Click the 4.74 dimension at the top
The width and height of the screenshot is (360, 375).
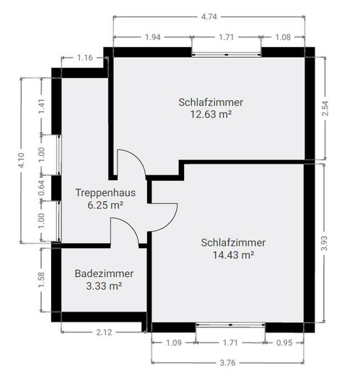pos(209,17)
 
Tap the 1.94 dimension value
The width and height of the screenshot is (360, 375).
pos(153,37)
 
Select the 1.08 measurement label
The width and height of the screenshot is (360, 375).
pos(283,37)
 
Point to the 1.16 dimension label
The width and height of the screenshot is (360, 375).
pos(84,58)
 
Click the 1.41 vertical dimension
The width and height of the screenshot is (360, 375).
pos(42,107)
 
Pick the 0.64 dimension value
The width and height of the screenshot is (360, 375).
pos(42,187)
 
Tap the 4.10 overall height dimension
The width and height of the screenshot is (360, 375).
pos(21,160)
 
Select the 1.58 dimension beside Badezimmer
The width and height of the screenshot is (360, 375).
pos(42,280)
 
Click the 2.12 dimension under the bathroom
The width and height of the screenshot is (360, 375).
pos(104,332)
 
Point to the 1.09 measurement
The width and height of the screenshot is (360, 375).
pos(174,343)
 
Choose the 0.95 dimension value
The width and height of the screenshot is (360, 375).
pos(284,343)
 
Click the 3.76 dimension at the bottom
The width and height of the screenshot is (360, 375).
pos(227,362)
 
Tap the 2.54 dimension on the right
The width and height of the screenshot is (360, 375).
pos(325,108)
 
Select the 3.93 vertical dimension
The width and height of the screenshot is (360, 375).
pos(325,244)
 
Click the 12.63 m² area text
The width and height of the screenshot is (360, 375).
pos(211,114)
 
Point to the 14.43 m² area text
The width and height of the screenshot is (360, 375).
pos(234,255)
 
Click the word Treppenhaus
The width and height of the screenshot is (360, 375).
pos(105,193)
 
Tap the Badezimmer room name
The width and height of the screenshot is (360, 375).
pos(104,273)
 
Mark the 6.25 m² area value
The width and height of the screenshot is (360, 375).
pos(105,206)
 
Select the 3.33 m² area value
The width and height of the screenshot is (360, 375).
pos(104,286)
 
